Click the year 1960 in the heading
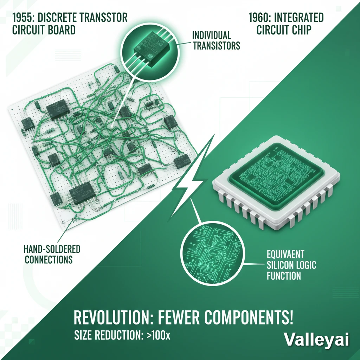262,18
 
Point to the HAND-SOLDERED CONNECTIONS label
52,255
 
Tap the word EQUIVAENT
285,254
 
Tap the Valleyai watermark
316,340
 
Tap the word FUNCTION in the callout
284,275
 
